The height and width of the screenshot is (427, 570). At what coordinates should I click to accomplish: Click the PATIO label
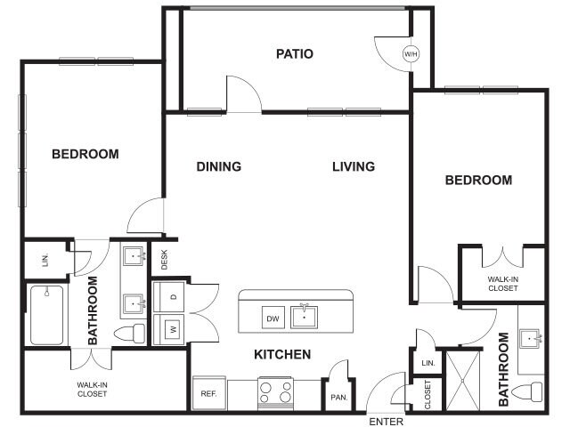pos(295,54)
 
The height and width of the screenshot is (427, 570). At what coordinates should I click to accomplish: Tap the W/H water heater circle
pos(411,54)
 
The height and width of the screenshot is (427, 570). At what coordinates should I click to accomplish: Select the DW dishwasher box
pos(273,318)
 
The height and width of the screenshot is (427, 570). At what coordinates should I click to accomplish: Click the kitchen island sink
pos(307,316)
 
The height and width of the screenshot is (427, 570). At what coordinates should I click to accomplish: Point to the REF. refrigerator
pos(208,393)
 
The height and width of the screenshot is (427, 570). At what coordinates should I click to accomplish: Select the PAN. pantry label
pos(338,397)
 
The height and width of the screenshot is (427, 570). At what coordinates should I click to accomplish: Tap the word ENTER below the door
pos(386,421)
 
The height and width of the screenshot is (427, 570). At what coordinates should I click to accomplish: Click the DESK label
pos(164,259)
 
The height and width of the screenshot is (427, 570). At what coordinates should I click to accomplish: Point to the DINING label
pos(219,166)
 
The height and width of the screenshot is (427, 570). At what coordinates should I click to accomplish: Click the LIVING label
pos(354,166)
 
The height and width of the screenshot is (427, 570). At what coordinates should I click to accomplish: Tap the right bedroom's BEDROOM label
pos(478,181)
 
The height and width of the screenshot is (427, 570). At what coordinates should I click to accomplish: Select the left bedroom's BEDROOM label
pos(85,154)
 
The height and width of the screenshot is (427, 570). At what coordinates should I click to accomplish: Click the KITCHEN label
pos(282,355)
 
